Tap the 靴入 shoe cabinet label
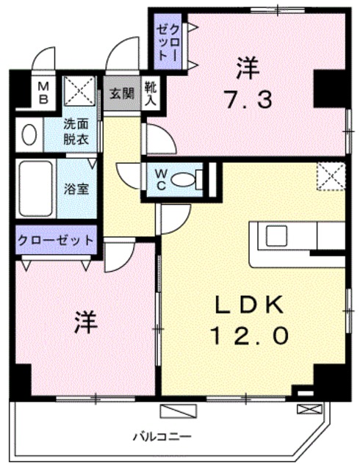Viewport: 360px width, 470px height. click(x=150, y=93)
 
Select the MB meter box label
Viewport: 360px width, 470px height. click(x=44, y=93)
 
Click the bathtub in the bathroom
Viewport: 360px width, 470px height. click(x=36, y=188)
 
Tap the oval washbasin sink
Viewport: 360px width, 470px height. click(x=29, y=134)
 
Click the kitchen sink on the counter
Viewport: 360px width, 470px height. click(x=277, y=236)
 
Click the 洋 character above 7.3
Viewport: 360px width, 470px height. click(x=247, y=68)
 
